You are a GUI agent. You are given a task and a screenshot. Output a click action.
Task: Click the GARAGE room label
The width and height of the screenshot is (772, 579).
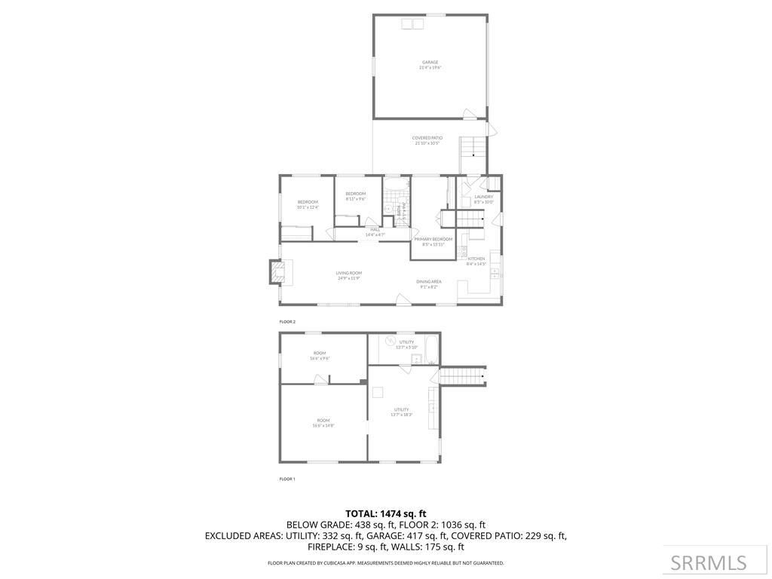430,63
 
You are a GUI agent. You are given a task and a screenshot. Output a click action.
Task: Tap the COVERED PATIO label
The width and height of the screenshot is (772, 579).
427,138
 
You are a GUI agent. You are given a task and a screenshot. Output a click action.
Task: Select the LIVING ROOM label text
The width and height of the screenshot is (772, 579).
349,273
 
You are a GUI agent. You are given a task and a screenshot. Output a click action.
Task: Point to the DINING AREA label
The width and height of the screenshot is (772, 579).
429,282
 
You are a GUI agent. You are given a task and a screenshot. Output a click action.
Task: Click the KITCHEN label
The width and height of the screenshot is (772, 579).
476,259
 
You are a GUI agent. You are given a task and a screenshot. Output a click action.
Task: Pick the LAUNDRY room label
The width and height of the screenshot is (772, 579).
484,197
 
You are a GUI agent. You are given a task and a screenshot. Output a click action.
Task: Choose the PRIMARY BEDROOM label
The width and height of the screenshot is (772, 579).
433,239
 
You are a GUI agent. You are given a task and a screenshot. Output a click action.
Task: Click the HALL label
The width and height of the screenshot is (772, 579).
375,229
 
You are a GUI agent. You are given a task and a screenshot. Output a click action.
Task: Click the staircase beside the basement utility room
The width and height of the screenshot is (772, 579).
461,375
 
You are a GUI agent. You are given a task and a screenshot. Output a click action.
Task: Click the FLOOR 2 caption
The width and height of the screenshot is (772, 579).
287,322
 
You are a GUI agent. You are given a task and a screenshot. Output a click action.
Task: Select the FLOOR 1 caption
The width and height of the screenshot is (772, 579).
287,479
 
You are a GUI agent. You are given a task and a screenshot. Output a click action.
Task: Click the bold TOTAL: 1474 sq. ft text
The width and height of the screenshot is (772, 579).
386,513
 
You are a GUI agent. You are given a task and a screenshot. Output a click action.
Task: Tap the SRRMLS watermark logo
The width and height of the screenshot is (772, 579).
709,562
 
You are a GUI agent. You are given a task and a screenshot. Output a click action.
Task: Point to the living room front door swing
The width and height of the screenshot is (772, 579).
405,299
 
